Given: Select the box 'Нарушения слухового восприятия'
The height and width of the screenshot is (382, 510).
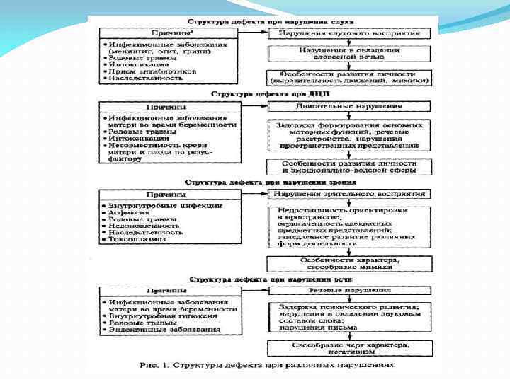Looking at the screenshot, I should (348, 33).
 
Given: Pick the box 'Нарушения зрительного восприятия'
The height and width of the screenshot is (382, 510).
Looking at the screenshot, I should (348, 193).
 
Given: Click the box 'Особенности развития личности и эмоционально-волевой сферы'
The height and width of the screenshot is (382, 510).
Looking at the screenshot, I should (348, 166).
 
